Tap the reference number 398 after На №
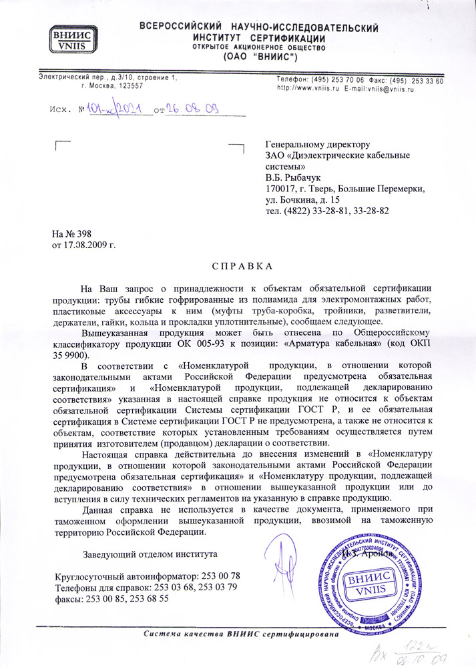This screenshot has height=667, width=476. tap(83, 233)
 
